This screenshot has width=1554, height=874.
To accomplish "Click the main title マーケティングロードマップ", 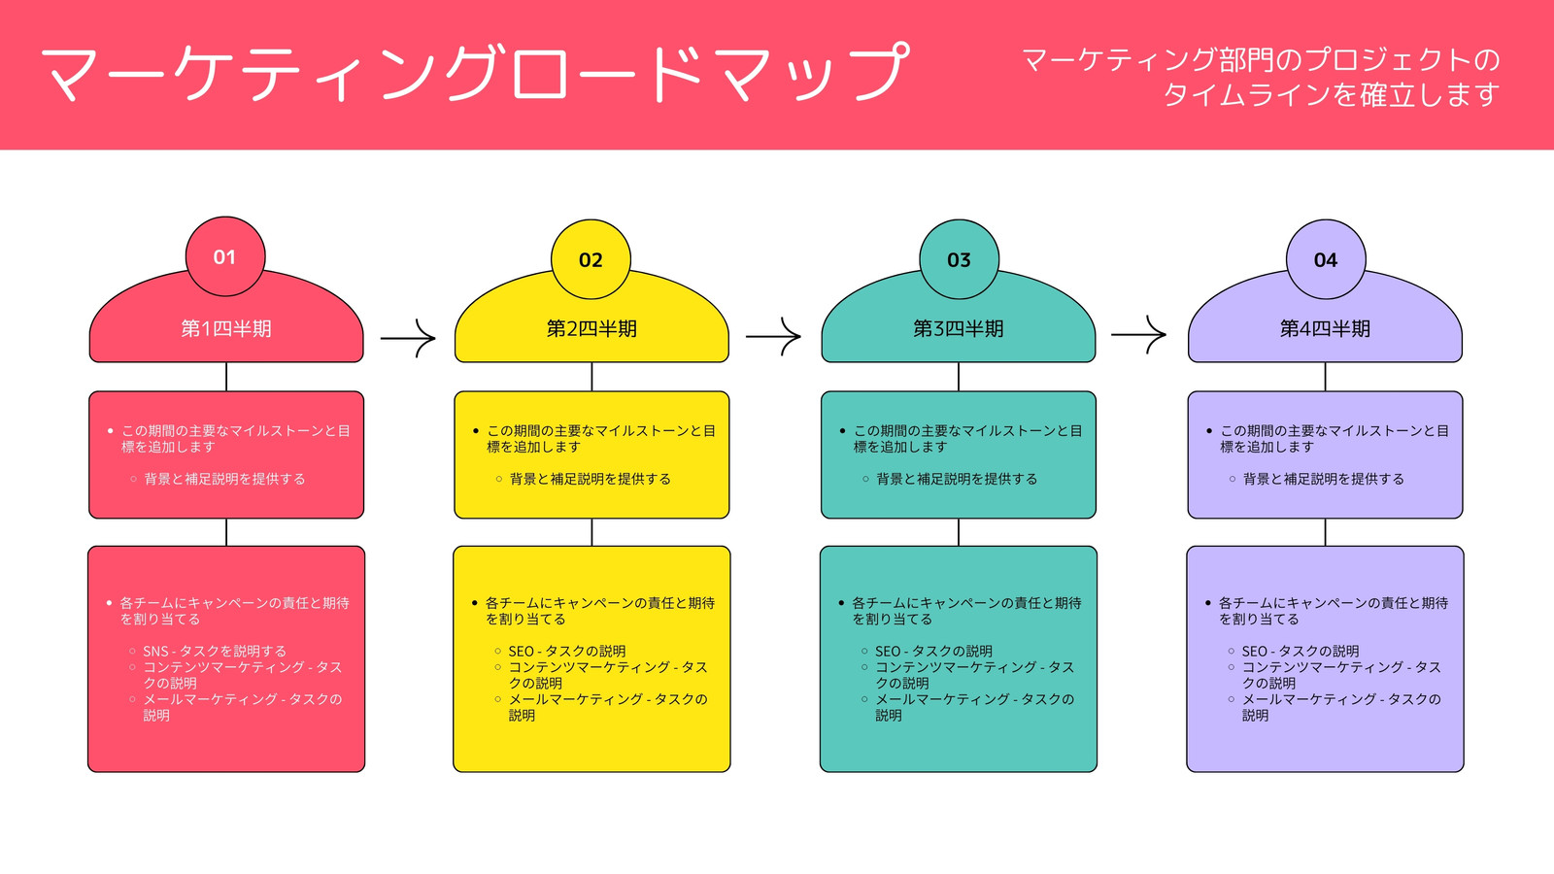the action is tap(475, 73).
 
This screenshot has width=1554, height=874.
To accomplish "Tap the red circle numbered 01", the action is tap(225, 256).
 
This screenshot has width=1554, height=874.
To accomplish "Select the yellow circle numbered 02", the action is tap(591, 259).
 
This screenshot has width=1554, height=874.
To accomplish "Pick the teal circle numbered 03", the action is tap(960, 259).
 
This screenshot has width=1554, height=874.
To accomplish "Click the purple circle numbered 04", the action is tap(1326, 259).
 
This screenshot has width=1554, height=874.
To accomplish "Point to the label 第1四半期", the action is tap(226, 329).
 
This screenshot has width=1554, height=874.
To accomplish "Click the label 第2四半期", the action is tap(591, 329).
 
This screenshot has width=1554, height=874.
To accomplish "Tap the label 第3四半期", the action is tap(958, 329).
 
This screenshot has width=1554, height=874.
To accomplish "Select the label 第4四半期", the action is tap(1325, 329).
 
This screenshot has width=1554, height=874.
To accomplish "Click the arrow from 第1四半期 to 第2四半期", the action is tap(408, 339).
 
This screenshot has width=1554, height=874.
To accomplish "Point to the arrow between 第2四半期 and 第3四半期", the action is tap(773, 336).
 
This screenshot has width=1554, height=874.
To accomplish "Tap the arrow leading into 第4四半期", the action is tap(1138, 334).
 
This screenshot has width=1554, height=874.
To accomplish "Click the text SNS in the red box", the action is tap(156, 652).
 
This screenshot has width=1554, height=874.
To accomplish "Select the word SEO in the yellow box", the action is tap(521, 652).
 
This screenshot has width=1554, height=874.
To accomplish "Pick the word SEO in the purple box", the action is tap(1254, 652).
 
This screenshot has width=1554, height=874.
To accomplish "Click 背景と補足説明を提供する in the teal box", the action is tap(957, 479).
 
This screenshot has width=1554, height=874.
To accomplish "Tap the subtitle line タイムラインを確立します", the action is tap(1332, 95).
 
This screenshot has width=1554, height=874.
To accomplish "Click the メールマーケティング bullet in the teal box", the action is tap(975, 707).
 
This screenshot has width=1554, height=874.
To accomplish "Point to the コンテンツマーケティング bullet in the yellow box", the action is tap(608, 675).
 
